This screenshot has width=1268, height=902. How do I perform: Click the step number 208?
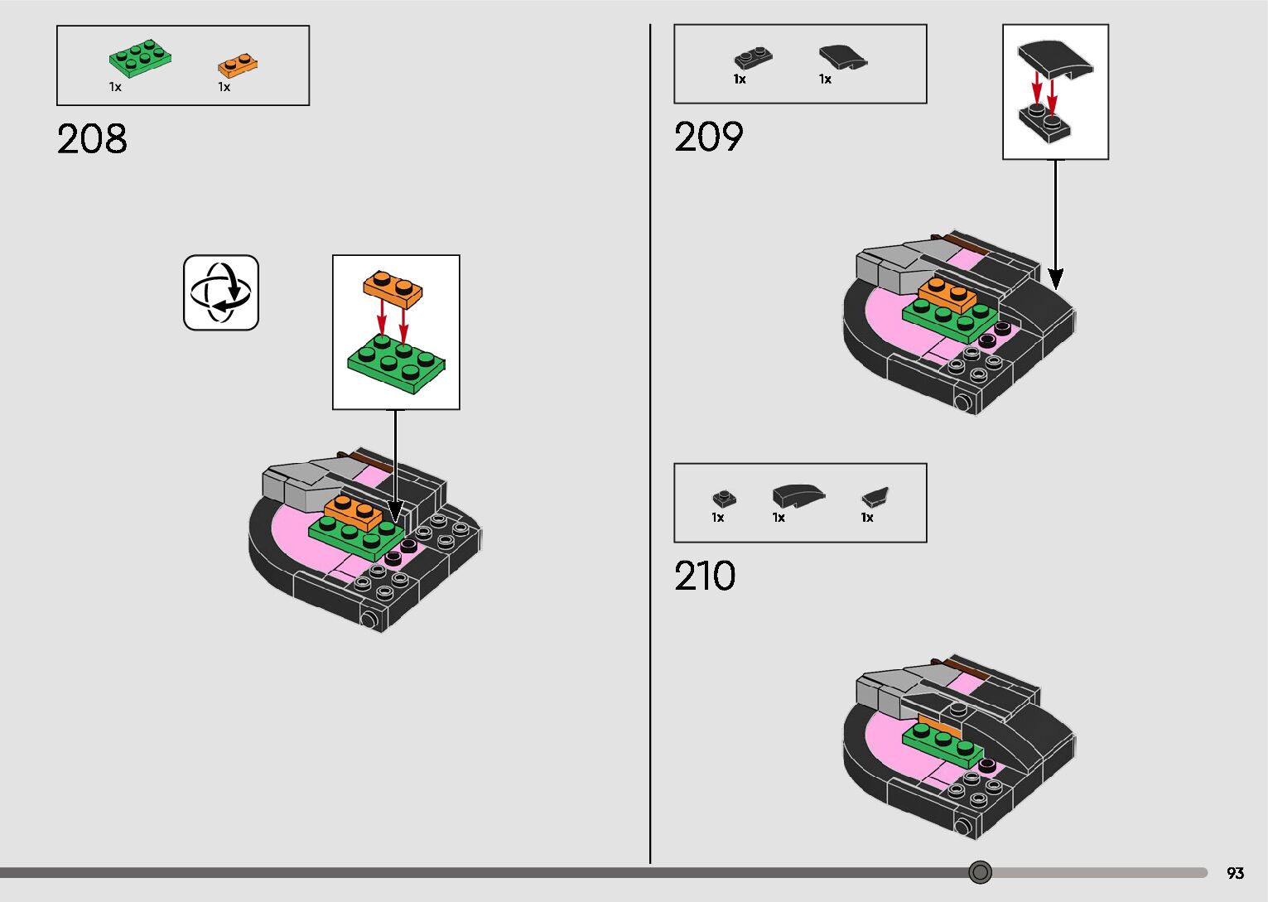coord(92,139)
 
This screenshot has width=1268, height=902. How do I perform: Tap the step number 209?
coord(709,137)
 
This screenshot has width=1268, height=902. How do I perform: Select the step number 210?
coord(705,576)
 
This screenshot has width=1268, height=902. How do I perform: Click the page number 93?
coord(1235,873)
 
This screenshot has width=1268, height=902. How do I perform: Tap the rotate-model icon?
coord(221,292)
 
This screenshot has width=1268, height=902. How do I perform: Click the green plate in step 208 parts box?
coord(141,57)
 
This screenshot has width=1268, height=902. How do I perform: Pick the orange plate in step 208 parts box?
coord(238,64)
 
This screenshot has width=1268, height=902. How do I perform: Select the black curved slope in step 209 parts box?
coord(842,57)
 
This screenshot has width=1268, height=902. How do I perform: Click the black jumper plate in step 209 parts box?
coord(753,58)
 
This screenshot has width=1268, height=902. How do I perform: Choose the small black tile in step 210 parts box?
coord(724,499)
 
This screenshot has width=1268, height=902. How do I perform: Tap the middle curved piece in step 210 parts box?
coord(797,495)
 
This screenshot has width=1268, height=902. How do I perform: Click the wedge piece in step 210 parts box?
coord(875,497)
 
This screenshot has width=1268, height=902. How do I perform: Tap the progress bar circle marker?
coord(980,872)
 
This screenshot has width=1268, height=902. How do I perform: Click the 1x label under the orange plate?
coord(224,87)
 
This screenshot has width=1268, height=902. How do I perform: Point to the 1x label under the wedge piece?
coord(867,518)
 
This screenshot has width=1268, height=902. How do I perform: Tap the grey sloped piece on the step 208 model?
coord(298,484)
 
